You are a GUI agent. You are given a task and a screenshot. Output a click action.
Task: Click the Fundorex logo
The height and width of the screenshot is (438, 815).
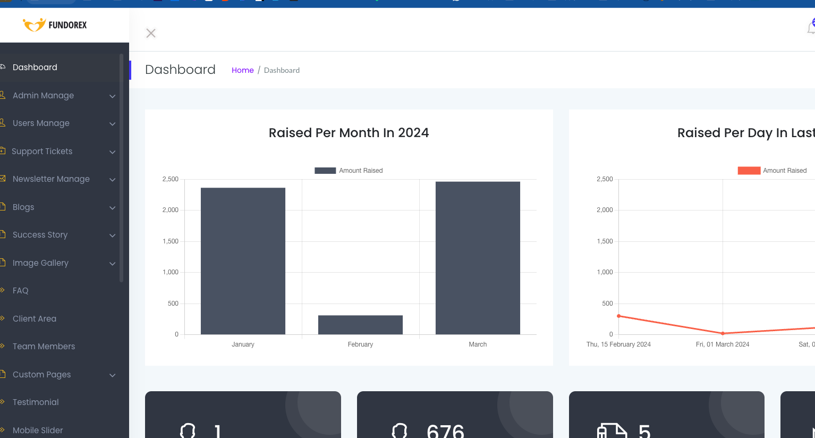coord(55,25)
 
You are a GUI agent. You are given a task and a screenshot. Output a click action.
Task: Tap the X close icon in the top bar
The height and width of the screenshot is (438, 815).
coord(151,33)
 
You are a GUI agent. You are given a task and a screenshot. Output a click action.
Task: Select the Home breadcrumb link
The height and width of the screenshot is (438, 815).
coord(242,70)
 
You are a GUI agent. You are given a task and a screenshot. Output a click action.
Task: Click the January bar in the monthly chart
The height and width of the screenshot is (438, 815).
coord(243,260)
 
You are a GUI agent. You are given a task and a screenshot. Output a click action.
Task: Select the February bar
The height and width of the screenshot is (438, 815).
coord(360,324)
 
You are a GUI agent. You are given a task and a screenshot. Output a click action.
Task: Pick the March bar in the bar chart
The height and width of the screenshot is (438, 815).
coord(478,258)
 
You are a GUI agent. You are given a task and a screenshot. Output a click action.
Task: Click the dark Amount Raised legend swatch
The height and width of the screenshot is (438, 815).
coord(325,171)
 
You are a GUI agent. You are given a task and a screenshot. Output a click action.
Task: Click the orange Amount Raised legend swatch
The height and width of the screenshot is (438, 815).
coord(749,171)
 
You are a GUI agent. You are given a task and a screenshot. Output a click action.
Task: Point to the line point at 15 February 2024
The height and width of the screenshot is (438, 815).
coord(618,316)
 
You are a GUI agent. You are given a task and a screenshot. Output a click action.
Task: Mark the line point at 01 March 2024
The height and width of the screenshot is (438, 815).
coord(723,333)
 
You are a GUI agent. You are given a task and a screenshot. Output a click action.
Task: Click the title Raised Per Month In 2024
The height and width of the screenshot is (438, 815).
coord(349,132)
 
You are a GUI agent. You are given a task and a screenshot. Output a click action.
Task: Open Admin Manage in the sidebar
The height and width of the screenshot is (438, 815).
coord(43,95)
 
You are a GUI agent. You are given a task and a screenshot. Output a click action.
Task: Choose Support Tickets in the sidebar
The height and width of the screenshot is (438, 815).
coord(42,151)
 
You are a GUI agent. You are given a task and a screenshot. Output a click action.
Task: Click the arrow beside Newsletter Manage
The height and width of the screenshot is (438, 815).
coord(113,180)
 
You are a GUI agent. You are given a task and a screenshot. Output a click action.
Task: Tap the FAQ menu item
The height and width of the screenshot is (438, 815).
coord(20,291)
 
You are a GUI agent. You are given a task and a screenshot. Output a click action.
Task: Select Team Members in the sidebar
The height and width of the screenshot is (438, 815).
coord(44,346)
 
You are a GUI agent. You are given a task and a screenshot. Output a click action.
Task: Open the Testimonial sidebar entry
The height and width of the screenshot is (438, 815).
coord(35,402)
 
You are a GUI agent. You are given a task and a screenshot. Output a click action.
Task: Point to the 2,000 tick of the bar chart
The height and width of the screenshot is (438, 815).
coord(170,210)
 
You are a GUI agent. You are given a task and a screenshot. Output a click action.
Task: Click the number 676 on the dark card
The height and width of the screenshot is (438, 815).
coord(445,432)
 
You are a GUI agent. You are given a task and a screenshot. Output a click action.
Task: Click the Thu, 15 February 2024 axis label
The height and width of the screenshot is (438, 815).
coord(618,344)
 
